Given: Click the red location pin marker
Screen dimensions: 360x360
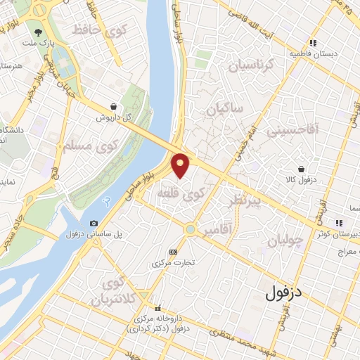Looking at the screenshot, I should tap(181, 165).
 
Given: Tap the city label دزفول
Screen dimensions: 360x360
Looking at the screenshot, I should tap(288, 292).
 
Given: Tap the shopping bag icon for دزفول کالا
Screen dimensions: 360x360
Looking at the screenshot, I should tap(301, 169).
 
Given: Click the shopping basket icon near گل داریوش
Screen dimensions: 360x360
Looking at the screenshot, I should tap(112, 107).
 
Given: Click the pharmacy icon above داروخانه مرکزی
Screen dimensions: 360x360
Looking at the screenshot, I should tap(157, 308).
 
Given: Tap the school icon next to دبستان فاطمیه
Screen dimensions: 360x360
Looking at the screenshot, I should tap(313, 42).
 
